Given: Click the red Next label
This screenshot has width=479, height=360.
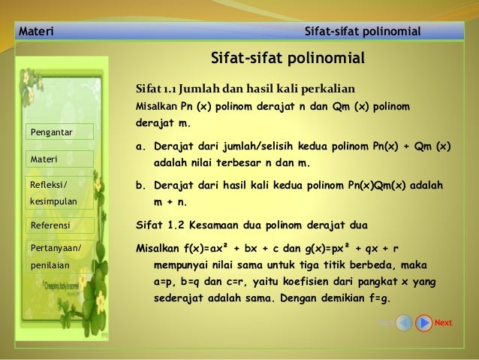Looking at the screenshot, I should [x=443, y=323].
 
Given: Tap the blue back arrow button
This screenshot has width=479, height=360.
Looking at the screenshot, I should [x=404, y=323].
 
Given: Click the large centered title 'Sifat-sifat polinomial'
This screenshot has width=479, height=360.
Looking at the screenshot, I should [x=287, y=58].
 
